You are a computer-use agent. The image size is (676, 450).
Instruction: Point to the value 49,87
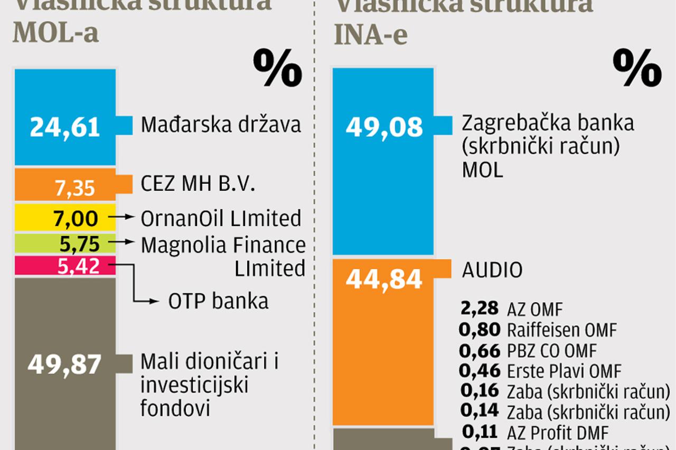click(x=64, y=365)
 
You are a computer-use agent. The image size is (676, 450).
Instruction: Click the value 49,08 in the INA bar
click(x=384, y=127)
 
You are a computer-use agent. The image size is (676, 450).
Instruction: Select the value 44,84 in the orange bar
click(x=384, y=279)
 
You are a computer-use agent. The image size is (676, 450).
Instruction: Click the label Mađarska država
click(x=221, y=125)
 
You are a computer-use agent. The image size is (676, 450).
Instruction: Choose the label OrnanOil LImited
click(x=221, y=218)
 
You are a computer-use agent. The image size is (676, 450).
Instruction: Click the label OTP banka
click(x=218, y=301)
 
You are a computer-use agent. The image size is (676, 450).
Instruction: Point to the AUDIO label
click(x=492, y=270)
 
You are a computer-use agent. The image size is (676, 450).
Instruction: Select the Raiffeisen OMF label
click(x=562, y=331)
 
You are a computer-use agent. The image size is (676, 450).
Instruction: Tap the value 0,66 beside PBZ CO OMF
click(x=479, y=351)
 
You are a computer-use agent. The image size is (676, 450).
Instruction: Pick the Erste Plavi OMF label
click(x=564, y=371)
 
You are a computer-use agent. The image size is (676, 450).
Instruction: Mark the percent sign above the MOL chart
click(x=278, y=68)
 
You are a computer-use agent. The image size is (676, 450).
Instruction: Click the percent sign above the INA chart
click(x=637, y=68)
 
